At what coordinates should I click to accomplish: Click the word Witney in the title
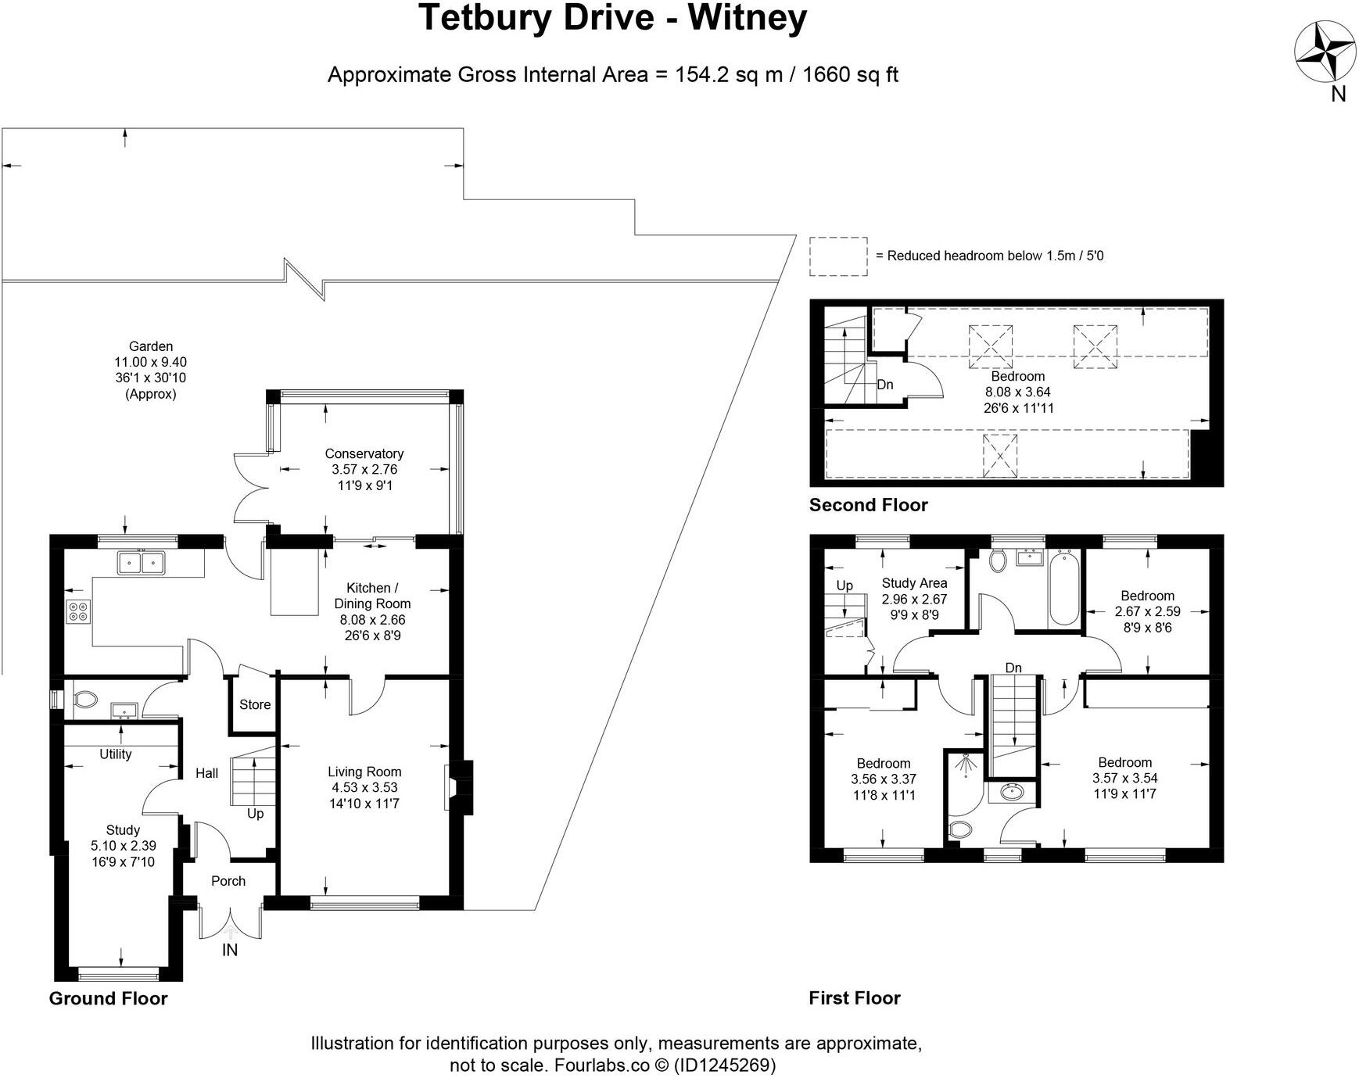(747, 17)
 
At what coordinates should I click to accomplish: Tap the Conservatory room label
(364, 453)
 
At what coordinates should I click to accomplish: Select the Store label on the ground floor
(255, 704)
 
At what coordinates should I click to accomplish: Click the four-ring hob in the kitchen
(78, 611)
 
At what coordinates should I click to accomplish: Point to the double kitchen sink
(141, 562)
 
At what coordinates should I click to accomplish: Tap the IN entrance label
(230, 950)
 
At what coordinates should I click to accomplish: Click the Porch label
(228, 881)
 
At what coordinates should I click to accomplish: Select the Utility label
(116, 754)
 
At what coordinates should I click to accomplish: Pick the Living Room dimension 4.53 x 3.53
(364, 788)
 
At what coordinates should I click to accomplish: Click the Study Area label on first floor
(914, 583)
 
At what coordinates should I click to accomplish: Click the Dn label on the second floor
(885, 385)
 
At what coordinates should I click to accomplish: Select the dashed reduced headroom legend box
(838, 256)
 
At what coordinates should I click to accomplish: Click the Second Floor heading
(868, 505)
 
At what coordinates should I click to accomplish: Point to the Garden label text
(151, 346)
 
